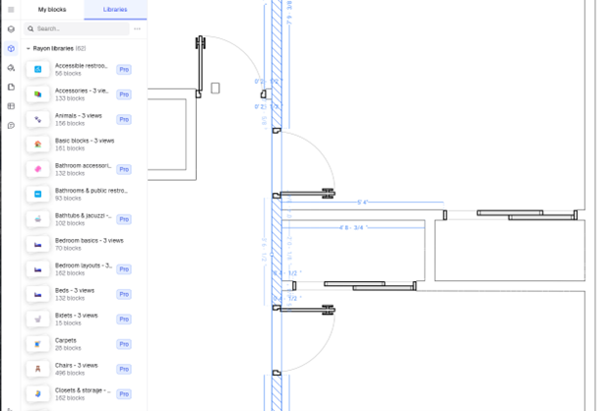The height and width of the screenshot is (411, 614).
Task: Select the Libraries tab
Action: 115,9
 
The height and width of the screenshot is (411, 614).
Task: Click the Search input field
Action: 79,29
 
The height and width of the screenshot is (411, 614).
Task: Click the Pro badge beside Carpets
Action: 124,344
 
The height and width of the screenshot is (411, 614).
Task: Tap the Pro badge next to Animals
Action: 124,120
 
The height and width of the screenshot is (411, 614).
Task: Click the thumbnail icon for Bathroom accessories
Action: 37,169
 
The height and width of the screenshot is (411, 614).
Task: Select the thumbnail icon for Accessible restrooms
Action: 37,70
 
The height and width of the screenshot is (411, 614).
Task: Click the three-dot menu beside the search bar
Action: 137,29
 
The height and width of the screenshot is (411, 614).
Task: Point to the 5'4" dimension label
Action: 362,203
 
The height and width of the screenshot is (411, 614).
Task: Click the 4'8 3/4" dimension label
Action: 351,228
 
